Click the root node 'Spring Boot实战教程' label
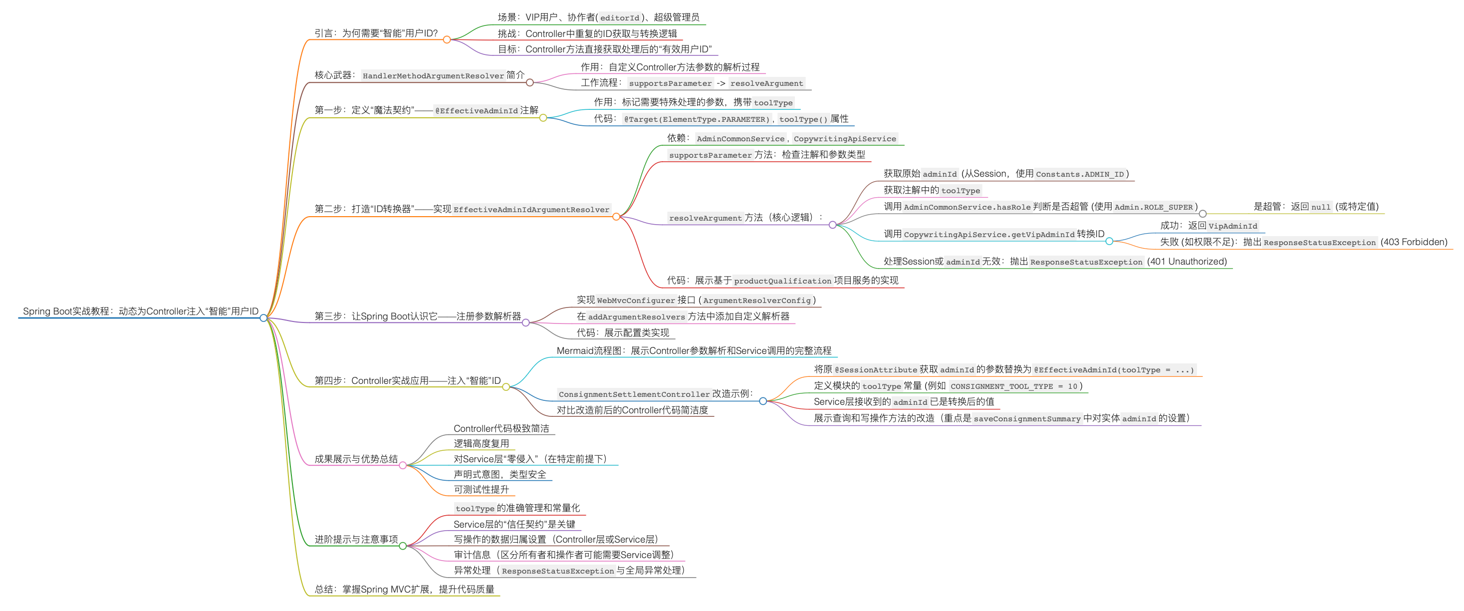[x=140, y=311]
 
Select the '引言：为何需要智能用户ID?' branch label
[x=376, y=33]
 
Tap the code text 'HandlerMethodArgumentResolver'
[x=433, y=75]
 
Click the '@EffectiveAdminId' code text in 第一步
[x=476, y=111]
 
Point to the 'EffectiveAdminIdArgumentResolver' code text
[x=531, y=210]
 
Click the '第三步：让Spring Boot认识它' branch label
[x=418, y=316]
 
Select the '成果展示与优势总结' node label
[x=356, y=459]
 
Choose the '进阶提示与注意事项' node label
[x=356, y=540]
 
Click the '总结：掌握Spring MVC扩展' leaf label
[x=404, y=590]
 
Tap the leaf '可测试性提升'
[x=482, y=489]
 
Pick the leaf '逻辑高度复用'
[x=482, y=443]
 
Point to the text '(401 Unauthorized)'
[x=1187, y=262]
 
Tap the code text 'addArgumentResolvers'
[x=637, y=317]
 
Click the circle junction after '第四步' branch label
[x=506, y=386]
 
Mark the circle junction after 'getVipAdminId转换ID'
[x=1109, y=241]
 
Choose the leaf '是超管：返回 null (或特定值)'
[x=1316, y=207]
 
